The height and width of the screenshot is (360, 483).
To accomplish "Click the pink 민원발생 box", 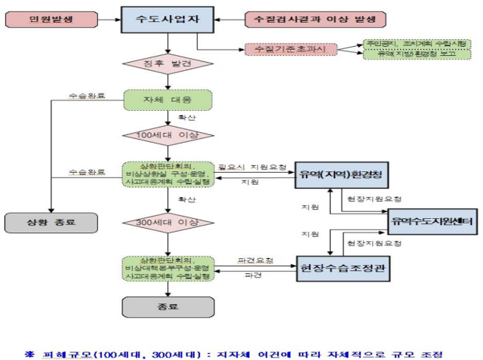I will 51,18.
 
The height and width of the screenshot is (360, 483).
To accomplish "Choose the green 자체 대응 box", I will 167,99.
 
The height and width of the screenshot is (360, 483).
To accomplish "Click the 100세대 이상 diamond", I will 167,135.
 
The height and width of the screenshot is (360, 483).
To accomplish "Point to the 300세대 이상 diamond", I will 167,223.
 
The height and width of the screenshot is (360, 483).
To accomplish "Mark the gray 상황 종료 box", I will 51,222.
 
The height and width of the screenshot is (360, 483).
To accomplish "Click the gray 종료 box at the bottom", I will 167,306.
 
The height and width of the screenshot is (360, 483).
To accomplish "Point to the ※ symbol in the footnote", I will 29,352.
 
